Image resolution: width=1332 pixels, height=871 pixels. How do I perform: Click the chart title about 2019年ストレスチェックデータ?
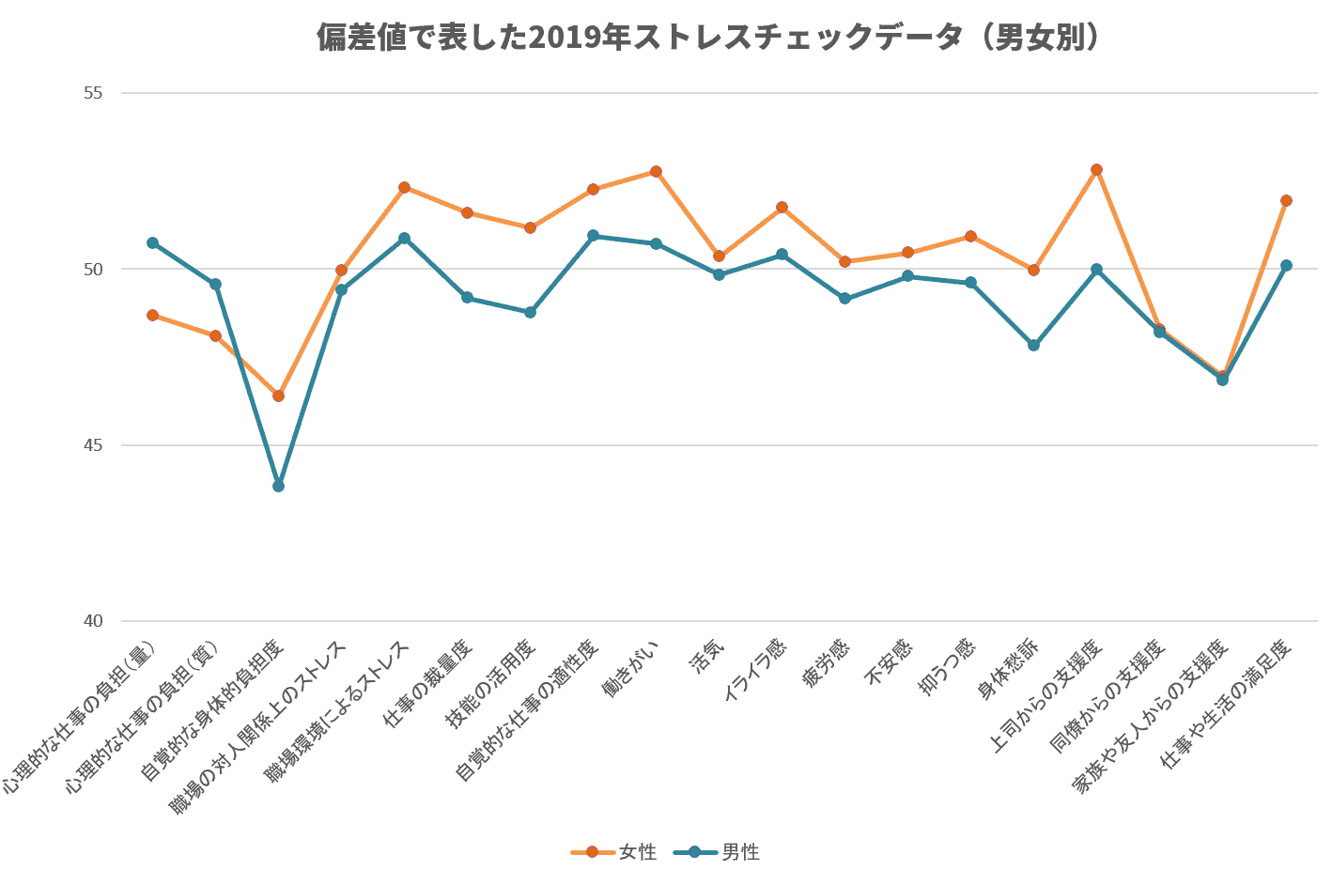[707, 38]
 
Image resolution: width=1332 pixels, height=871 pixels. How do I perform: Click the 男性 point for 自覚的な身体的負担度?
[278, 486]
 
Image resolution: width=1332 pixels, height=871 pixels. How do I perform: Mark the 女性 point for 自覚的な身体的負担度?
[278, 396]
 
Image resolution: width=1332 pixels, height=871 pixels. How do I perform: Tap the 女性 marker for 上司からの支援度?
[1096, 170]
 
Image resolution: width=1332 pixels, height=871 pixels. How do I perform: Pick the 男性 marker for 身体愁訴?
[1033, 345]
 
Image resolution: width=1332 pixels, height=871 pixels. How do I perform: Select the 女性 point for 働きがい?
[656, 172]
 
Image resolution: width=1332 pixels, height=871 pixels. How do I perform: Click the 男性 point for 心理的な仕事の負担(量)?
[152, 242]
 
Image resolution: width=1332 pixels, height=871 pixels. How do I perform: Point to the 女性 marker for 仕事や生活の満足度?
[1286, 200]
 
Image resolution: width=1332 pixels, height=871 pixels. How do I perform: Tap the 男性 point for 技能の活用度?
[530, 312]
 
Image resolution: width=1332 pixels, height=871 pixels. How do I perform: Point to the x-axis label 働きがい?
[630, 669]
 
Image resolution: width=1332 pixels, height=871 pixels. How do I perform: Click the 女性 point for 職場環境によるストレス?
[404, 187]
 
